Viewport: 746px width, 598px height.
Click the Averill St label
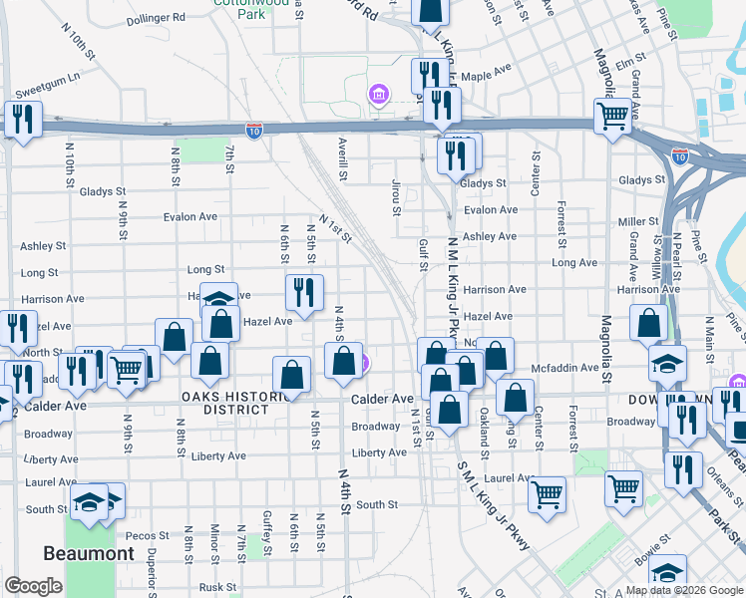point(342,158)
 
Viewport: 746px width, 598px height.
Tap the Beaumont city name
point(88,553)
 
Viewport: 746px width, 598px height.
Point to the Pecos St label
point(140,535)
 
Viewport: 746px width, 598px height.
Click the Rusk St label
point(217,587)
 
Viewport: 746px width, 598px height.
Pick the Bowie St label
point(653,552)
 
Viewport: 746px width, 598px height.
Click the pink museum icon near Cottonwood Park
point(379,96)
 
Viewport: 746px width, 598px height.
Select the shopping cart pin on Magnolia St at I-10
point(612,115)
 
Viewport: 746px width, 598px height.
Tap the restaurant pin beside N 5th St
point(304,291)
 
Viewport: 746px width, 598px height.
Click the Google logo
point(34,586)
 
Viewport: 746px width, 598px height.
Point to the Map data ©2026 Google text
point(684,589)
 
